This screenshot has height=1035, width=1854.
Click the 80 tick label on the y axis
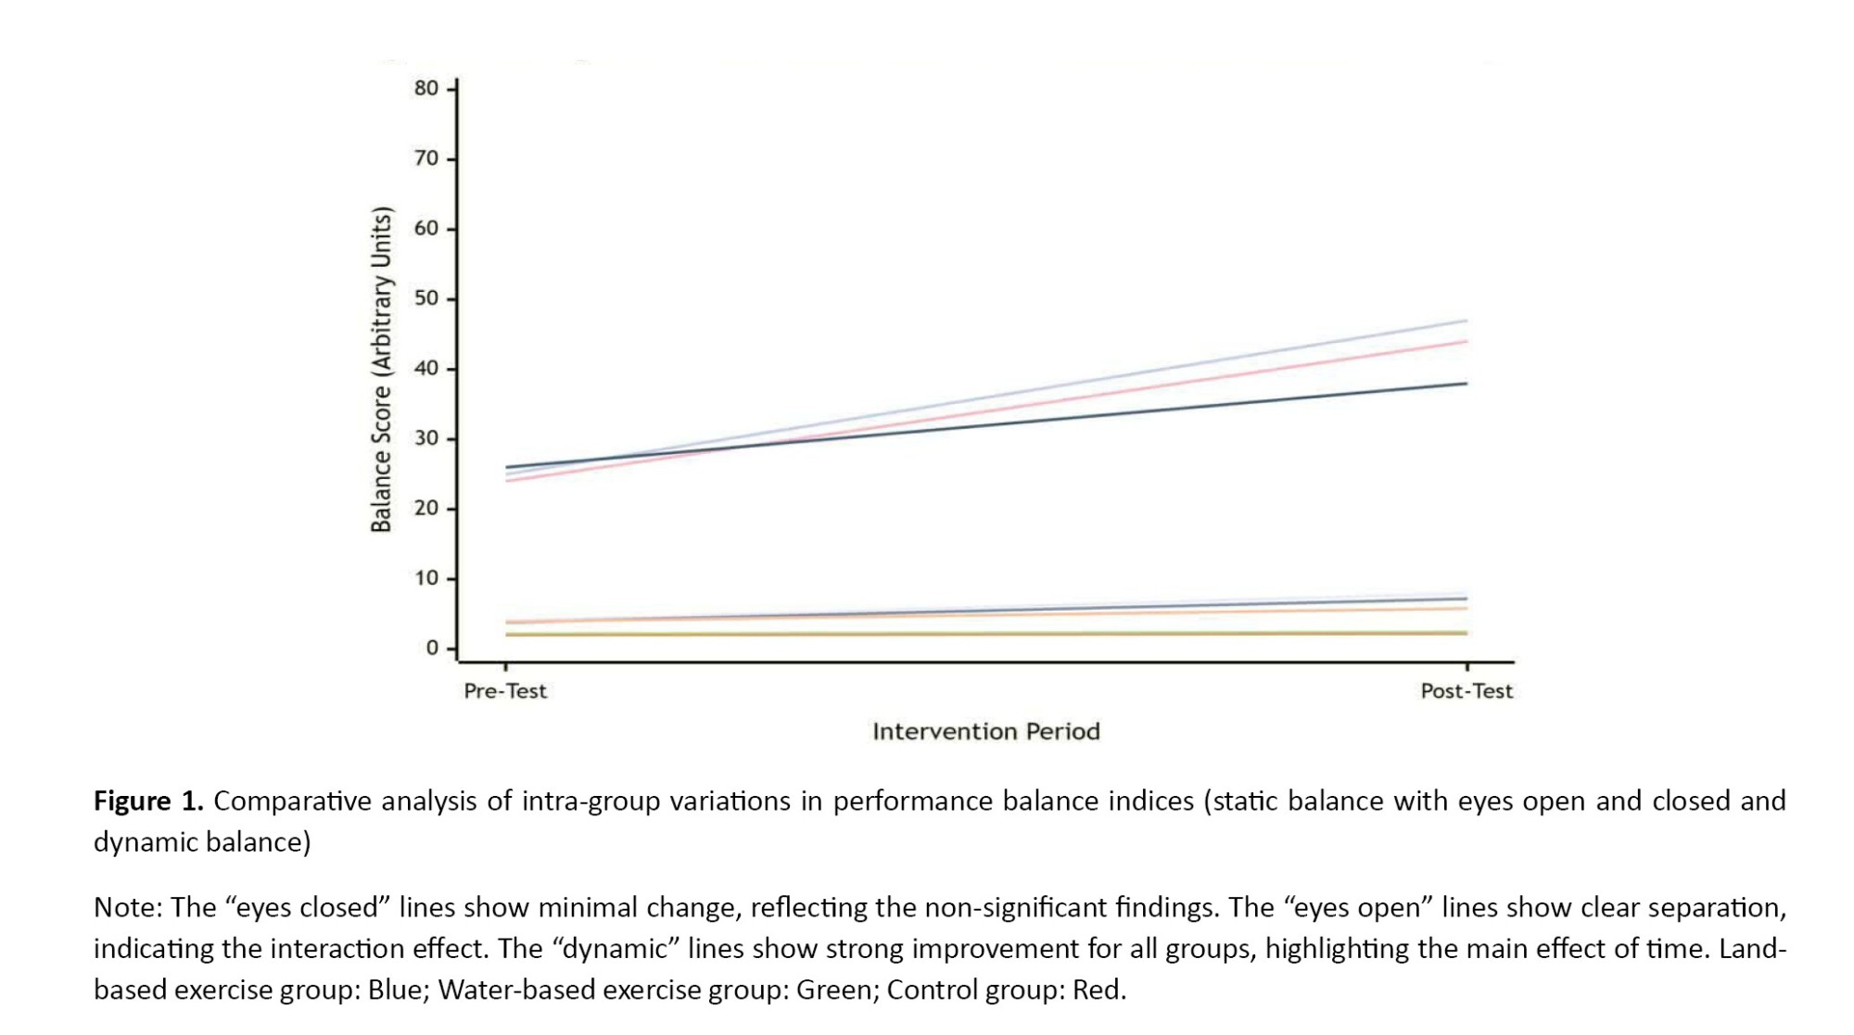point(426,89)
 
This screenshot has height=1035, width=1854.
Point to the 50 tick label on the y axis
point(426,298)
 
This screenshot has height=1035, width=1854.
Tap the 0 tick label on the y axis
point(432,648)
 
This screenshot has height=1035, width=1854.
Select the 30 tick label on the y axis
point(426,438)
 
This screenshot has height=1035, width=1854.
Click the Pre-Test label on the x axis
point(505,691)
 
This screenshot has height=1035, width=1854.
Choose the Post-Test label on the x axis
point(1467,691)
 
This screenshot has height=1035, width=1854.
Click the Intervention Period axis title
point(985,732)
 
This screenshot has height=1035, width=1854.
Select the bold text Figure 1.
point(148,801)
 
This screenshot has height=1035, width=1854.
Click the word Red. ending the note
point(1099,990)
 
